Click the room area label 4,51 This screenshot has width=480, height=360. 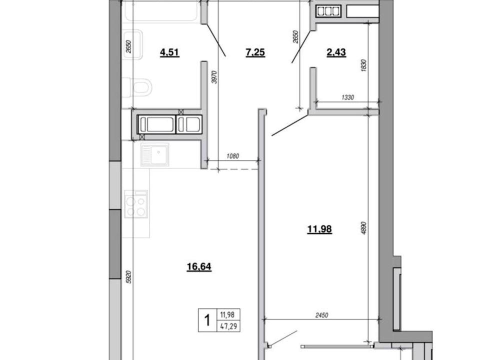point(169,52)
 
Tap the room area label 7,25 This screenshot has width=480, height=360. point(255,52)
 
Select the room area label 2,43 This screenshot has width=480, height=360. point(336,52)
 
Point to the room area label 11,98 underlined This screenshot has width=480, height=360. point(319,229)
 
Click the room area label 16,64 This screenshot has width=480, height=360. point(199,266)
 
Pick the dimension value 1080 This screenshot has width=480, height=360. point(232,156)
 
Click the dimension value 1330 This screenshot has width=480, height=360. point(347,97)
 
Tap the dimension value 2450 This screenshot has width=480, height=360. point(321,315)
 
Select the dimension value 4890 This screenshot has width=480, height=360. point(363,228)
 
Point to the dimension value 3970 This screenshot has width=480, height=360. point(214,77)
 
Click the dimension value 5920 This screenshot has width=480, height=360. point(128,276)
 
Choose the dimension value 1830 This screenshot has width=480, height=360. point(363,65)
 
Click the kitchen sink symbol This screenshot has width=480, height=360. point(155,154)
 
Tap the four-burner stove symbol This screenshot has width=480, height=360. point(136,204)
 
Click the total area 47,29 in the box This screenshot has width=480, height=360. point(228,326)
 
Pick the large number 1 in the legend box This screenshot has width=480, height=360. point(207,320)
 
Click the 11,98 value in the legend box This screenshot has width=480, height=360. point(228,314)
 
